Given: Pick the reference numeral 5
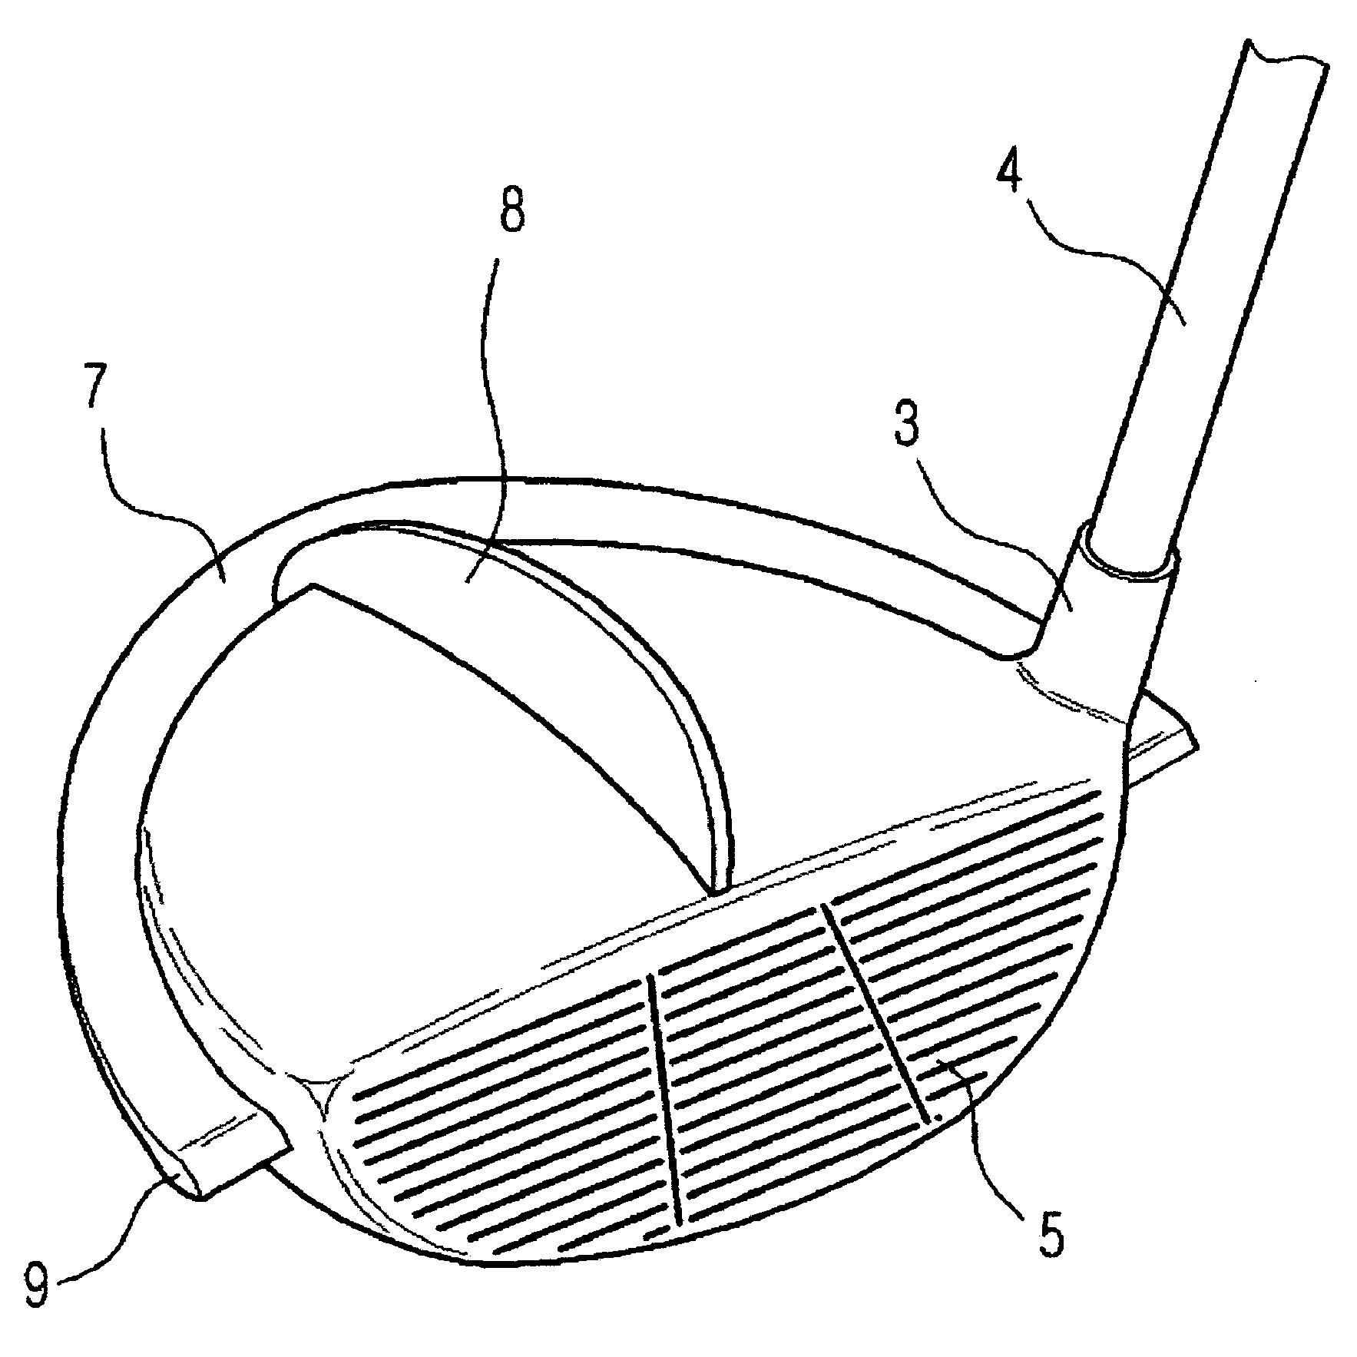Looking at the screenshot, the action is click(1051, 1214).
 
